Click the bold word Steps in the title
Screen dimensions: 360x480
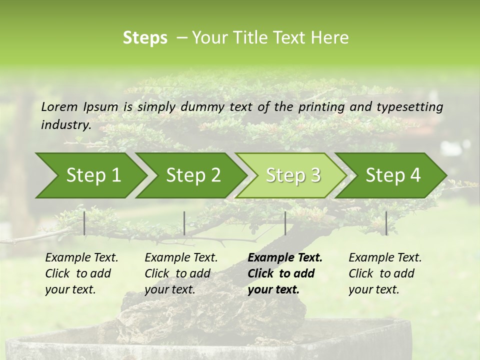click(x=145, y=38)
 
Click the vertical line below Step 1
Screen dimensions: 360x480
click(x=84, y=223)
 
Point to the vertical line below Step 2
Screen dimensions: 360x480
click(x=184, y=223)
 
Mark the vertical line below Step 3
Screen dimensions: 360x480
click(x=285, y=223)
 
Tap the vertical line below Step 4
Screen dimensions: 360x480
click(x=386, y=223)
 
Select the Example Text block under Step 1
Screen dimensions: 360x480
click(x=81, y=273)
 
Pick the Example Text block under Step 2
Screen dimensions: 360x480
click(x=181, y=273)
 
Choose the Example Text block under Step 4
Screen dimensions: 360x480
click(x=385, y=273)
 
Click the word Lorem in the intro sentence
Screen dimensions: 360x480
click(x=59, y=106)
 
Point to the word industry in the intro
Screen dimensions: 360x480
click(x=65, y=124)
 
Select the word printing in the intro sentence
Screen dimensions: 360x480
click(x=320, y=106)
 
